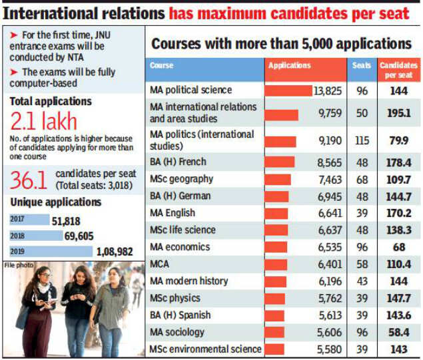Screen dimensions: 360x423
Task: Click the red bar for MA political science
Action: point(288,90)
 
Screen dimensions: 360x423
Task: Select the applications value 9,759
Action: point(330,113)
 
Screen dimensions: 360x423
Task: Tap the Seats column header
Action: point(362,65)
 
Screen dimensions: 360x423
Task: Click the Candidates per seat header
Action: point(398,69)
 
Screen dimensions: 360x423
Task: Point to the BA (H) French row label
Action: point(178,162)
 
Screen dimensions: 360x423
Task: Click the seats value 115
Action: point(362,140)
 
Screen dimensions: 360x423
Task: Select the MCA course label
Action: point(161,264)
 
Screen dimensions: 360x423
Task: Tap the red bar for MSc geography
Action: point(278,179)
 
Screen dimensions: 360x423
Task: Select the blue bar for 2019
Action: point(51,252)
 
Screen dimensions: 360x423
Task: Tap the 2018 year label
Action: point(18,236)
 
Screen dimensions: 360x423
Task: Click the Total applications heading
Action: point(51,101)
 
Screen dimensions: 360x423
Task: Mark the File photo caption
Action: point(18,264)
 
